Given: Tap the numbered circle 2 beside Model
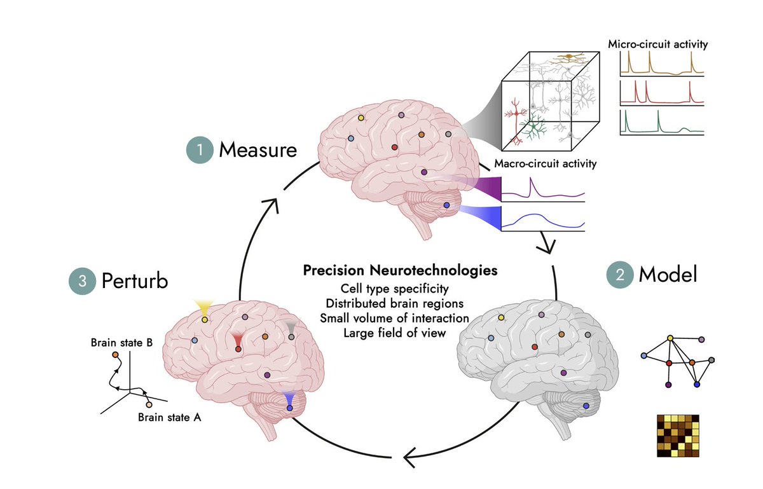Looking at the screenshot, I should click(x=619, y=274).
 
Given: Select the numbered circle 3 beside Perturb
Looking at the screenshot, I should click(x=82, y=280).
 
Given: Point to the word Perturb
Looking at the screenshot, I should click(x=135, y=280).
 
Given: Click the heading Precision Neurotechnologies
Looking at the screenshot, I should click(x=400, y=270).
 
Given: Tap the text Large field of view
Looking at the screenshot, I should click(x=400, y=332).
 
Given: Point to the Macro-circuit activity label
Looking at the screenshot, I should click(x=545, y=164).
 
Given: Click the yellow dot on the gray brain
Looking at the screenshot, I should click(x=501, y=317).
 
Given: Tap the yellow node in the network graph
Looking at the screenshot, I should click(x=670, y=338).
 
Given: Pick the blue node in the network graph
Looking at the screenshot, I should click(x=697, y=385).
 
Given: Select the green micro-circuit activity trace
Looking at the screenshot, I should click(x=661, y=123).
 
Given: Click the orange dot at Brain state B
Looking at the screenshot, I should click(x=115, y=354).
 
